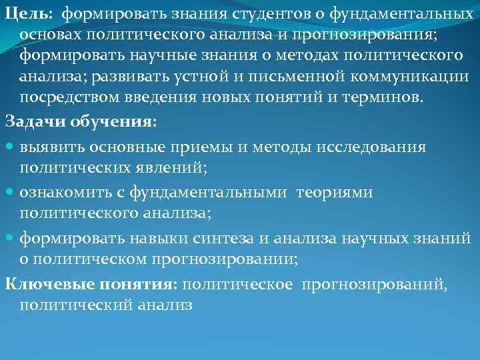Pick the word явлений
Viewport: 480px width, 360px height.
point(173,167)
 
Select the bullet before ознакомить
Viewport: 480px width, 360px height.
point(11,192)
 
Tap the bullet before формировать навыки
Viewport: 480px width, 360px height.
point(11,238)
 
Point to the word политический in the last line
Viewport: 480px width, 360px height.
point(83,305)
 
